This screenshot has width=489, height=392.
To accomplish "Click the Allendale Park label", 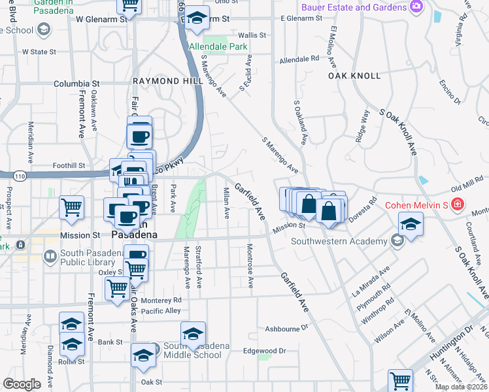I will point(209,47).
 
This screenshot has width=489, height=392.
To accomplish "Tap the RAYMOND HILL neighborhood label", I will point(158,80).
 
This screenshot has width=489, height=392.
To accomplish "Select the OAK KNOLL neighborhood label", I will point(355,76).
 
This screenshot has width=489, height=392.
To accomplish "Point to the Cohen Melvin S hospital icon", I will point(458,203).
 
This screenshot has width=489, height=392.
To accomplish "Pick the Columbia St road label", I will point(76,84).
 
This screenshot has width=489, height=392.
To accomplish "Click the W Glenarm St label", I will point(98,20).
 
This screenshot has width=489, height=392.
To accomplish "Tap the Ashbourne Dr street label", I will point(286,328).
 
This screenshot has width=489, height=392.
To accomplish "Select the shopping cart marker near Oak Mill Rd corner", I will point(400,380).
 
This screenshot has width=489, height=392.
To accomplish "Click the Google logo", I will point(22,384).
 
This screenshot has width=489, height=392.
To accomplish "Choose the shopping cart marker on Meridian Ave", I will point(71,208).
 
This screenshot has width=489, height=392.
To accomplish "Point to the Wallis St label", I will point(252,35).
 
